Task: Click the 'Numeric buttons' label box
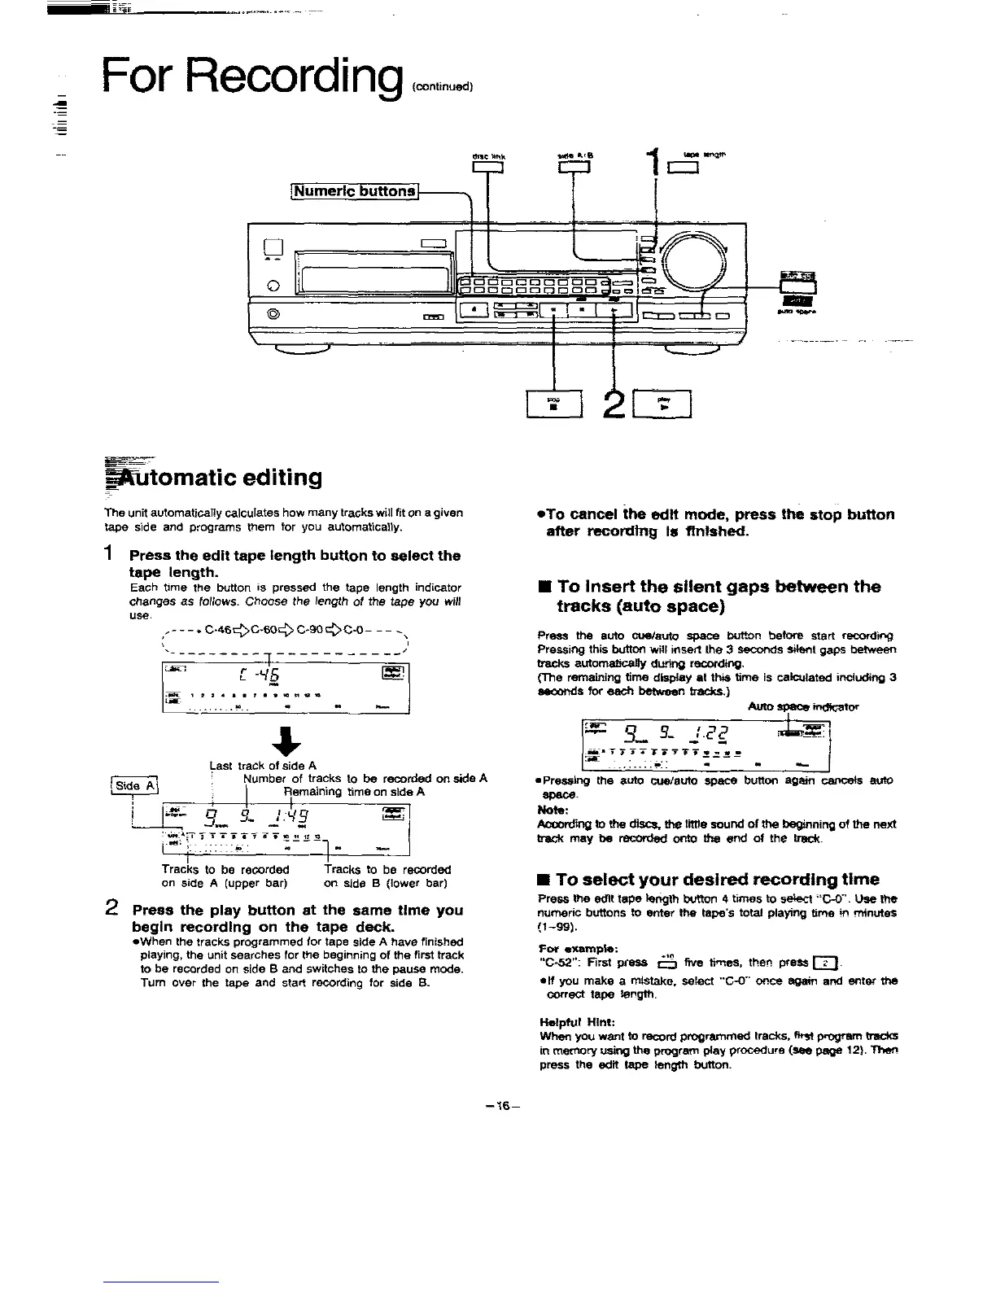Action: pyautogui.click(x=355, y=191)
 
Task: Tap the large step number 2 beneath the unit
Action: pyautogui.click(x=610, y=404)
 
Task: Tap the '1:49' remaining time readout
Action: pyautogui.click(x=290, y=814)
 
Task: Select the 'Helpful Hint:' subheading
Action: pyautogui.click(x=574, y=1022)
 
